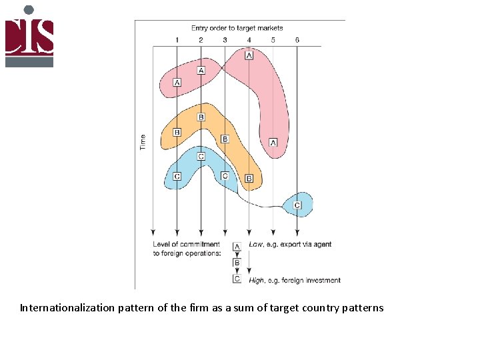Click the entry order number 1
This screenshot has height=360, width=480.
tap(177, 40)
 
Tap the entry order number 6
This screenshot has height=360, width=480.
tap(297, 40)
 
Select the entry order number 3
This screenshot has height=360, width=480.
tap(225, 40)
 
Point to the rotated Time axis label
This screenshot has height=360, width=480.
tap(142, 142)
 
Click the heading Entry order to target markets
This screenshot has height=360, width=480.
tap(237, 28)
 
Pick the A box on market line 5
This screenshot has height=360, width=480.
tap(273, 143)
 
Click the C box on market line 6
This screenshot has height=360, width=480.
tap(297, 205)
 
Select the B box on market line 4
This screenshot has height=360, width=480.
tap(249, 179)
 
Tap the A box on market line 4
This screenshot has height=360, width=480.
tap(249, 56)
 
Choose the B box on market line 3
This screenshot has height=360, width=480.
tap(225, 139)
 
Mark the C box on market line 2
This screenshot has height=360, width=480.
tap(201, 156)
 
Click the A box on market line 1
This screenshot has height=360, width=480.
tap(177, 82)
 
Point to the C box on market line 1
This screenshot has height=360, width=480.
tap(177, 176)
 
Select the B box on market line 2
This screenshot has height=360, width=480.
tap(201, 117)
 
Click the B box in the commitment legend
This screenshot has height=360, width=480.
tap(237, 263)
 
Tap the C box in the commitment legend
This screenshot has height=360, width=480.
tap(237, 279)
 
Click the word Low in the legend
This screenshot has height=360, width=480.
tap(255, 245)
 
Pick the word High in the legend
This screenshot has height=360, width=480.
tap(257, 280)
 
